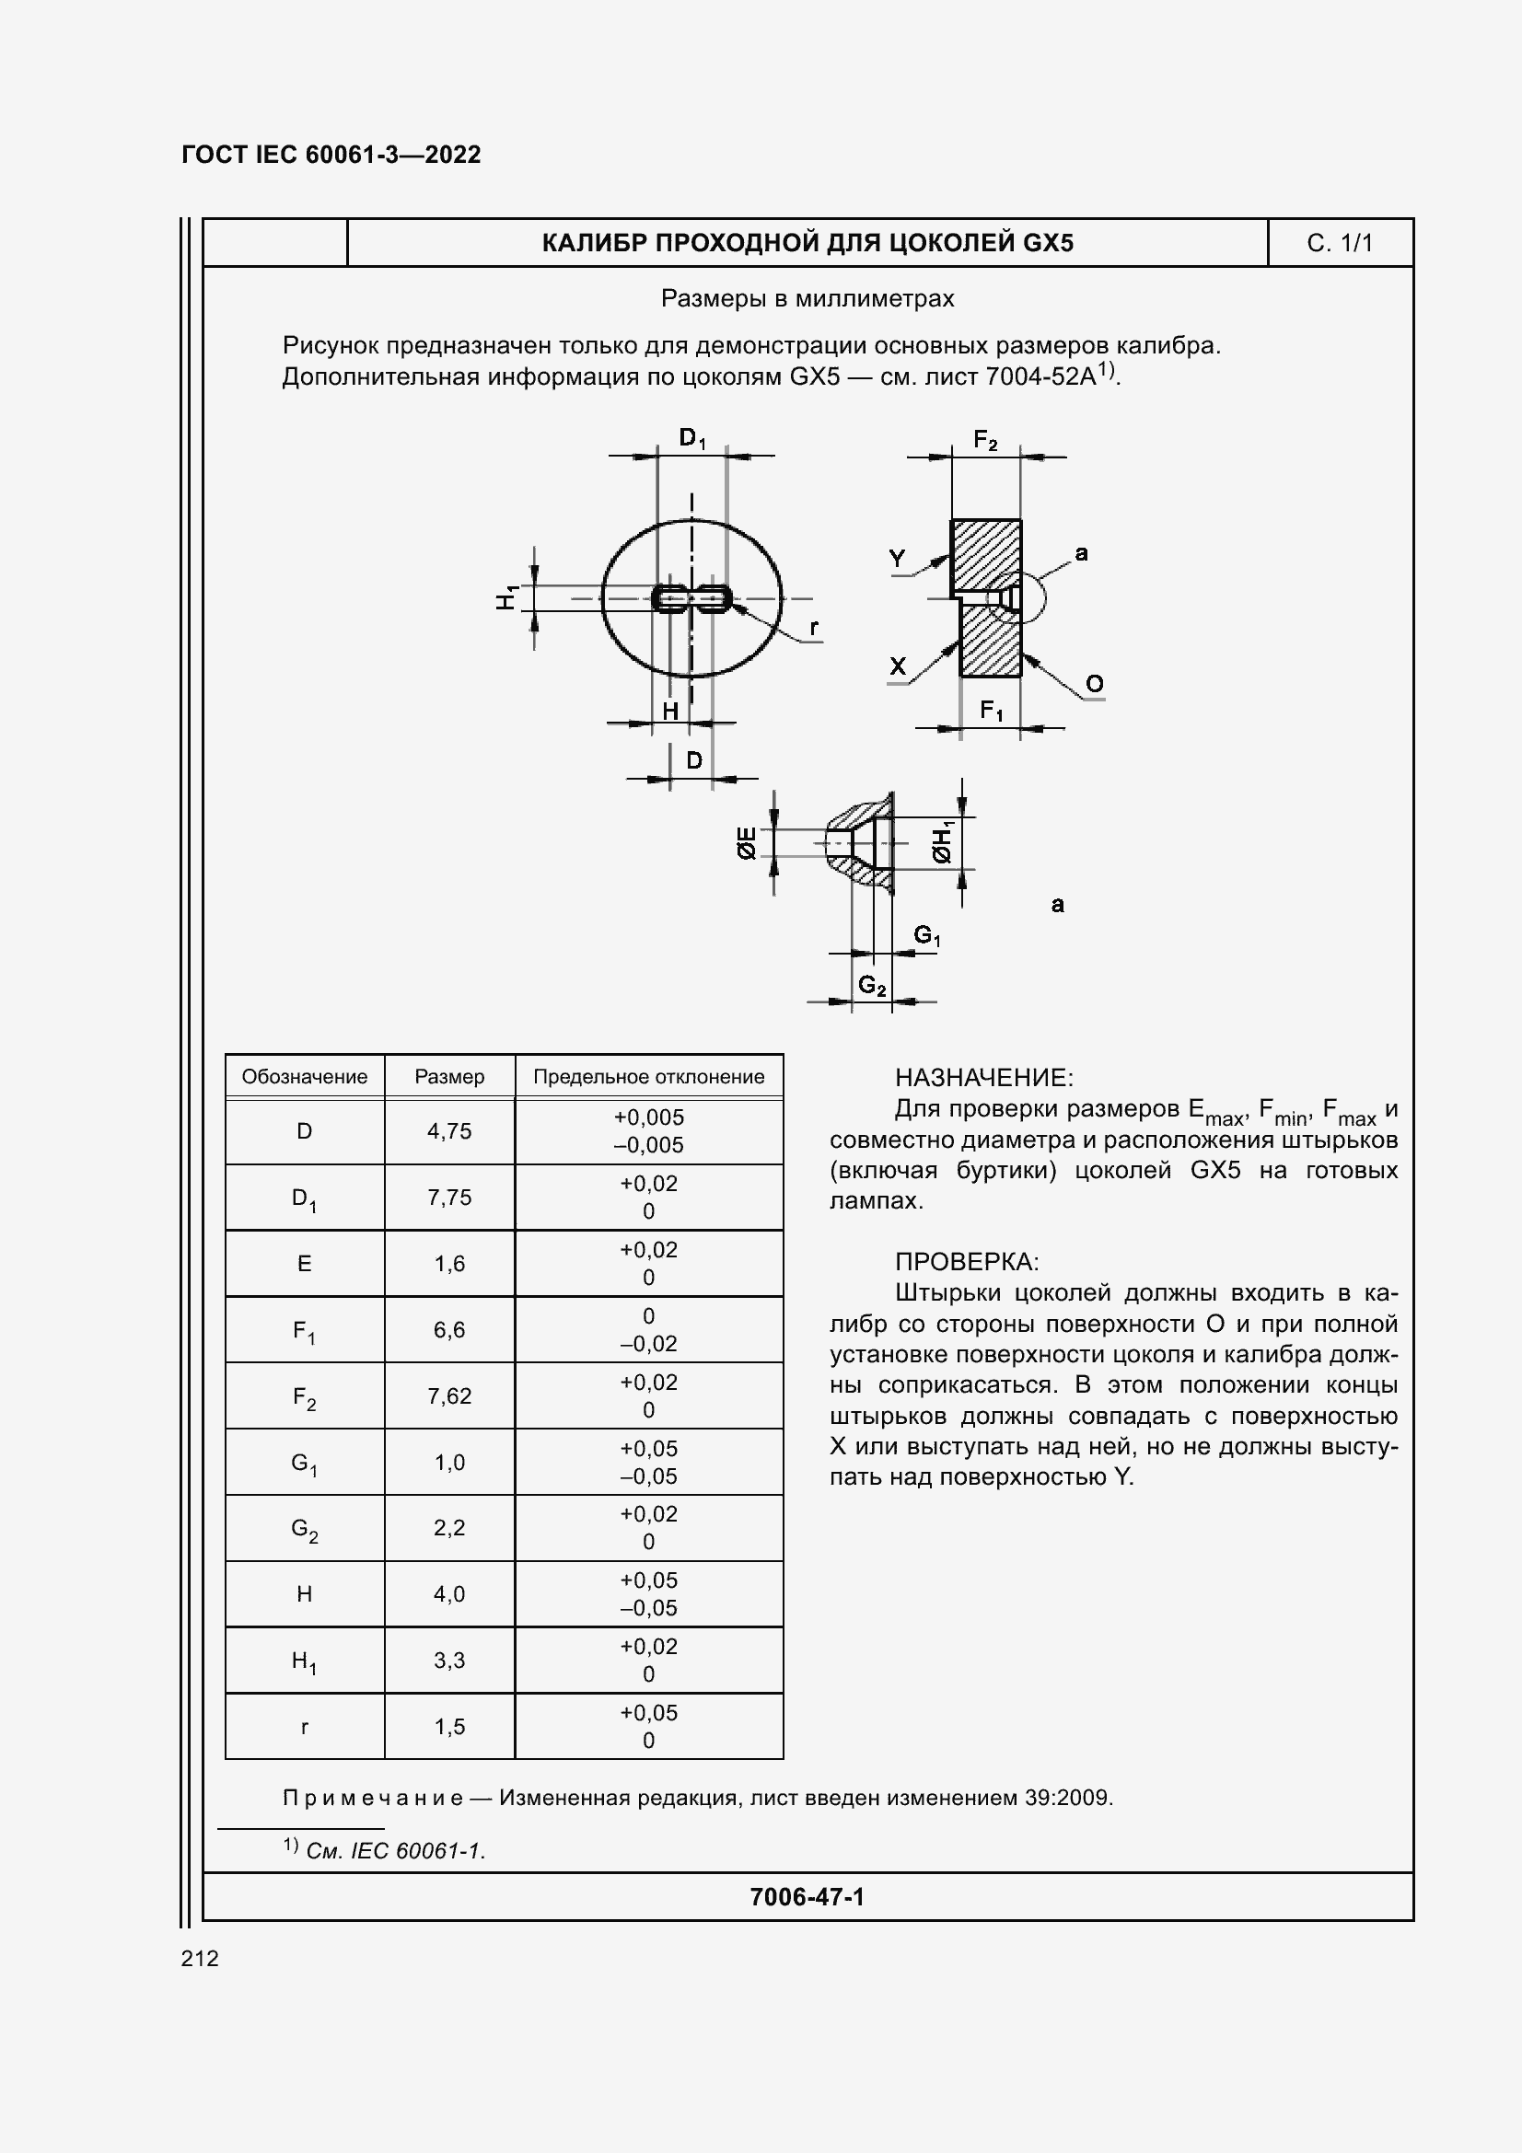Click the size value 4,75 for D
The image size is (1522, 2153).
[449, 1131]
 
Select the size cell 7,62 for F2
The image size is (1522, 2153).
[449, 1396]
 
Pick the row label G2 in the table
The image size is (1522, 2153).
[305, 1530]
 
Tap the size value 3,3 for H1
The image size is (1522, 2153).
[449, 1661]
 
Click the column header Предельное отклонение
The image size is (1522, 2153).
[648, 1077]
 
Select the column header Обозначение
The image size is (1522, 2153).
[305, 1077]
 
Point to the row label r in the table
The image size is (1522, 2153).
[305, 1727]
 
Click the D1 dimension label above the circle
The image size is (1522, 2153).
[692, 438]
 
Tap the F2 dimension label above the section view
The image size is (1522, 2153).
[985, 440]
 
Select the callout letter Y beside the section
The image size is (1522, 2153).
[898, 559]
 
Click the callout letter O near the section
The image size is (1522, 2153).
[1095, 684]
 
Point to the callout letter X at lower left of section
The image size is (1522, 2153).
[898, 666]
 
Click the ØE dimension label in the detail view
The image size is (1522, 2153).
[748, 843]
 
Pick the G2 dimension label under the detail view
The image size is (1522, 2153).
[872, 985]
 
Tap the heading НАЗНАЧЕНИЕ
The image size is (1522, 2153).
[983, 1078]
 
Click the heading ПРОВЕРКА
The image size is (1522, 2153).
[966, 1261]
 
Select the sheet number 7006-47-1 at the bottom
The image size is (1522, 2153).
[807, 1897]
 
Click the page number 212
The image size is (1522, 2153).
[200, 1958]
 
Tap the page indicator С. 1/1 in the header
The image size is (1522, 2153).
[1339, 244]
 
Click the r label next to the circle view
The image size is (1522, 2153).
[813, 627]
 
